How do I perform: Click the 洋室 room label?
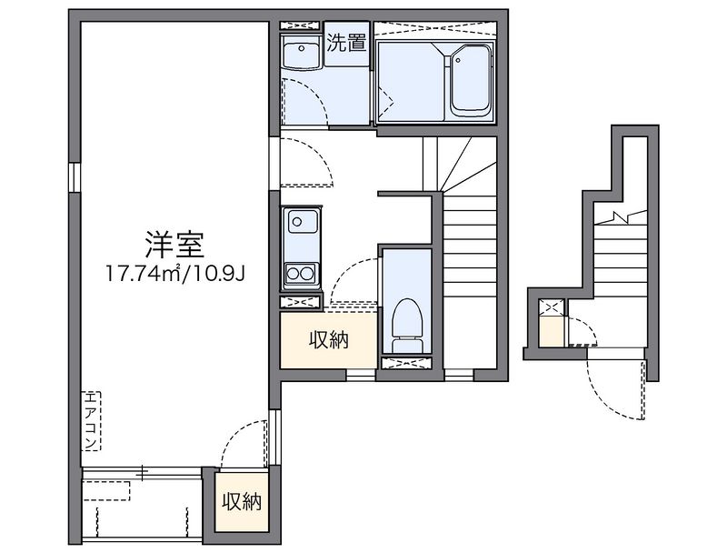click(172, 243)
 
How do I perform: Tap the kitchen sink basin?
click(300, 222)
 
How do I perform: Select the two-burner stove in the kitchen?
click(299, 273)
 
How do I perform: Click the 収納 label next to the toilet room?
click(328, 341)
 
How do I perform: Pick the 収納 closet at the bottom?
click(242, 501)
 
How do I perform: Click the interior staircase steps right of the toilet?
click(470, 273)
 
